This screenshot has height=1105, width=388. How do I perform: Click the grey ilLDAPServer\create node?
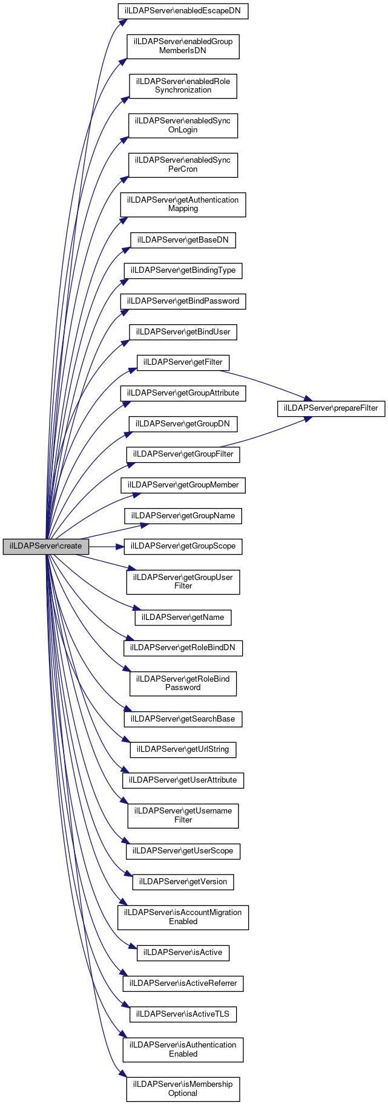pyautogui.click(x=46, y=546)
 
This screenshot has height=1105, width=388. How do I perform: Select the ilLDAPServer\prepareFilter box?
pyautogui.click(x=331, y=408)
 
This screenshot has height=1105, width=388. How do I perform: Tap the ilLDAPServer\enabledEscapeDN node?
pyautogui.click(x=183, y=11)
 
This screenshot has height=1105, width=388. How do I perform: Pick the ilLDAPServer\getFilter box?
pyautogui.click(x=183, y=362)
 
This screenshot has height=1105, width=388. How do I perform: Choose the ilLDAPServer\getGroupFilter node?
pyautogui.click(x=183, y=454)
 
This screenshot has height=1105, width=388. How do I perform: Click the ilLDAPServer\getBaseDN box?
pyautogui.click(x=183, y=240)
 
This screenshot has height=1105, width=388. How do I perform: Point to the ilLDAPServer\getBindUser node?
pyautogui.click(x=183, y=332)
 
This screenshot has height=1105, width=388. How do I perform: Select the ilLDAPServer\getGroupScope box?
pyautogui.click(x=183, y=546)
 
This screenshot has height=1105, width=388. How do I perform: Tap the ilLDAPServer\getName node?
pyautogui.click(x=183, y=618)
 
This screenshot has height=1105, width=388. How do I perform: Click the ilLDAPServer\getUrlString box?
pyautogui.click(x=183, y=749)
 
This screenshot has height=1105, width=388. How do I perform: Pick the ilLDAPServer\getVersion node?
pyautogui.click(x=183, y=882)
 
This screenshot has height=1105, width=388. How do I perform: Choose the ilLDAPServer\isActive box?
pyautogui.click(x=183, y=953)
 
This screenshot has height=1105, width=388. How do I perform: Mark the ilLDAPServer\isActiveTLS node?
pyautogui.click(x=183, y=1014)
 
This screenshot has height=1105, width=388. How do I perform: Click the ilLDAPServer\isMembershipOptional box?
pyautogui.click(x=183, y=1089)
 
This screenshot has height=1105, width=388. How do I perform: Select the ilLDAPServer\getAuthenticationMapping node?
pyautogui.click(x=183, y=204)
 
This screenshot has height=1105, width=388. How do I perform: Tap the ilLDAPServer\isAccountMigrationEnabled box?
pyautogui.click(x=183, y=917)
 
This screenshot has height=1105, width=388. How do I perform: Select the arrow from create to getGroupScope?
pyautogui.click(x=107, y=546)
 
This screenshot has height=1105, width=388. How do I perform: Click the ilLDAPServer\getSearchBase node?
pyautogui.click(x=183, y=719)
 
